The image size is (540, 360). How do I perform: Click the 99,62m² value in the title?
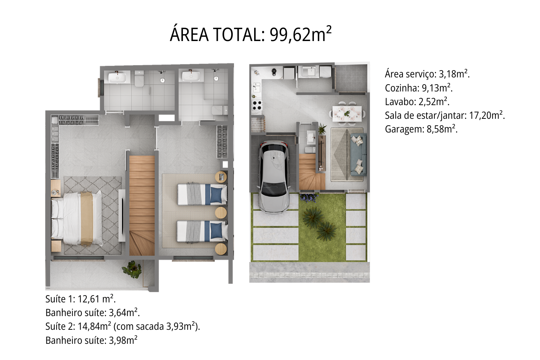tap(300, 35)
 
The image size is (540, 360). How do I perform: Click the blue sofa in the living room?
tap(358, 155)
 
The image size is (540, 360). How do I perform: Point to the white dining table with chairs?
tap(347, 113)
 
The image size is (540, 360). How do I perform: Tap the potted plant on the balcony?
tap(132, 269)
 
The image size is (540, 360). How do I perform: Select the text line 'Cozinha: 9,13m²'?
tap(418, 88)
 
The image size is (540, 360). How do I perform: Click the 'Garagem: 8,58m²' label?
tap(421, 129)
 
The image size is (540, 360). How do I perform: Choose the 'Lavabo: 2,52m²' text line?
tap(417, 102)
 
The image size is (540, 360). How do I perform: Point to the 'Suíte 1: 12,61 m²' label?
tap(80, 299)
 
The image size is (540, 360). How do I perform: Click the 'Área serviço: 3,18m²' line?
tap(427, 74)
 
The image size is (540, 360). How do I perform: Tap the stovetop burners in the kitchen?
tap(257, 105)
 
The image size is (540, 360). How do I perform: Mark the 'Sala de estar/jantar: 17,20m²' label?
tap(445, 115)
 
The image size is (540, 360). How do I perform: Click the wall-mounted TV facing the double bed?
tap(122, 215)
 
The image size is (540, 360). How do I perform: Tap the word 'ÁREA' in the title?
tap(189, 35)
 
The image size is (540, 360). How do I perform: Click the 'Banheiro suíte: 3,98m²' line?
tap(91, 340)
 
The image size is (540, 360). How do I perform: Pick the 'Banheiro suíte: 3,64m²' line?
tap(93, 313)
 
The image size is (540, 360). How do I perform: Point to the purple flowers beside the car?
tap(309, 197)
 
